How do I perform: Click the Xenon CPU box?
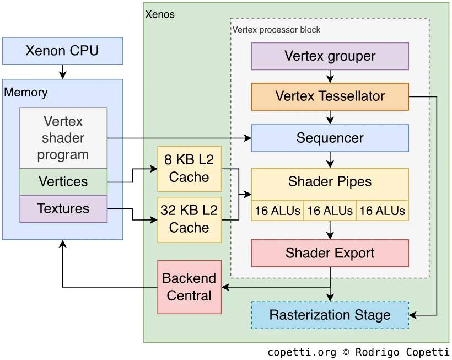coord(62,51)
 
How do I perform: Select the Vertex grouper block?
coord(330,56)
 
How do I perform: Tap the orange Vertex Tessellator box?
coord(330,96)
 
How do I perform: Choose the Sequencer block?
coord(330,138)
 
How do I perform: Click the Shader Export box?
coord(330,253)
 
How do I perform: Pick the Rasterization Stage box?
coord(330,315)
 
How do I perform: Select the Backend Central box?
coord(189,287)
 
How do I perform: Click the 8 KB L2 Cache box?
coord(189,169)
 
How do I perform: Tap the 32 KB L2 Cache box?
coord(189,219)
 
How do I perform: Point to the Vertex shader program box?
coord(63,138)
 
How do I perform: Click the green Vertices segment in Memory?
coord(63,182)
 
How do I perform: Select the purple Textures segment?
coord(63,209)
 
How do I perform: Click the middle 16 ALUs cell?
coord(330,211)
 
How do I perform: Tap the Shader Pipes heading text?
coord(330,181)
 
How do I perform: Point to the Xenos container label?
coord(159,14)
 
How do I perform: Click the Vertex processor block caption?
coord(276,30)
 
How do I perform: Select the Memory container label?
coord(26,92)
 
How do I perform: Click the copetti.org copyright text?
coord(358,352)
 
